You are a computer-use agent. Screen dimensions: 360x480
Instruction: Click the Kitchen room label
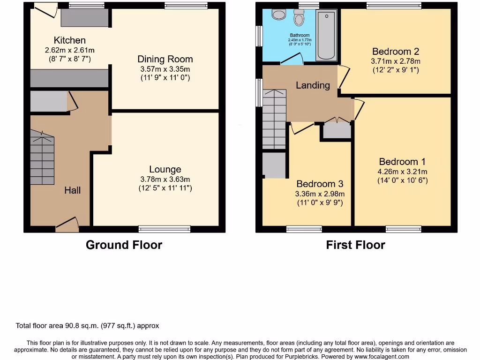click(69, 40)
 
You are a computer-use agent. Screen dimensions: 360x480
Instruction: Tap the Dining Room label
click(165, 59)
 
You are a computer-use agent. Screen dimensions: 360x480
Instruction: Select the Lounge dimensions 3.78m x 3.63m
click(165, 179)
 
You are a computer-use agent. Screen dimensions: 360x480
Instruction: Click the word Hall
click(73, 190)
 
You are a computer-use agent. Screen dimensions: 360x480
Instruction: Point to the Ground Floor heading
click(124, 245)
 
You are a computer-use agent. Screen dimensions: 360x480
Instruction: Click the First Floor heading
click(355, 245)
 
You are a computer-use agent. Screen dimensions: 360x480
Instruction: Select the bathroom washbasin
click(278, 15)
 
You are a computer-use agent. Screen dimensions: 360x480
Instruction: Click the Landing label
click(313, 85)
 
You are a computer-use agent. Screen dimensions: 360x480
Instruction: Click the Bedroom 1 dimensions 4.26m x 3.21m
click(403, 172)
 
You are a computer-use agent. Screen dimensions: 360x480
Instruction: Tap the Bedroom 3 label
click(320, 184)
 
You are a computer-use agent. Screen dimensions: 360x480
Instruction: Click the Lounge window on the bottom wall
click(165, 229)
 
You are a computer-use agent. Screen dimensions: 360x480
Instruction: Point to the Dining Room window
click(186, 6)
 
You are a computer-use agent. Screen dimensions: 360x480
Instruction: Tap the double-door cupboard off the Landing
click(337, 129)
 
